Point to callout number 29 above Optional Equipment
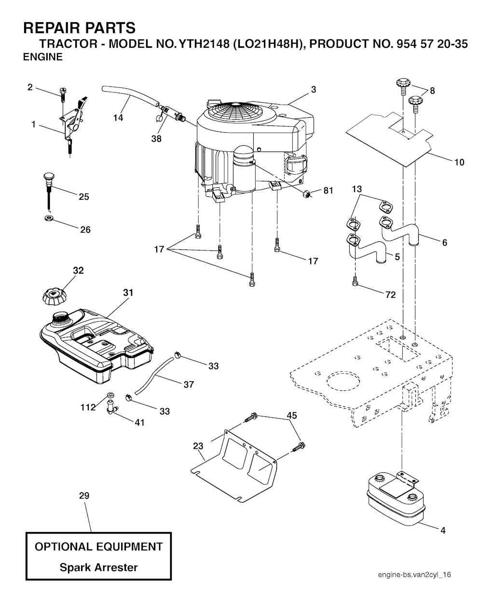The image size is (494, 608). tap(84, 496)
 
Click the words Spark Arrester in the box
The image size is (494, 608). tap(98, 567)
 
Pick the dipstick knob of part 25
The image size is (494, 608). tap(48, 177)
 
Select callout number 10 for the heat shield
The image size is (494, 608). tap(459, 163)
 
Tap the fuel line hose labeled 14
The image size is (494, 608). tap(128, 94)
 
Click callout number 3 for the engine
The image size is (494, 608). tap(314, 90)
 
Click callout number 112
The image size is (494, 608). tap(88, 408)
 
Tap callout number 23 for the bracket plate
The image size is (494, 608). tap(198, 446)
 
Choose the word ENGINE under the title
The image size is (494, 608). tap(43, 57)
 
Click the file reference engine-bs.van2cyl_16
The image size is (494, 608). tap(414, 575)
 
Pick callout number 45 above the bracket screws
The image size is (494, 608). tap(292, 415)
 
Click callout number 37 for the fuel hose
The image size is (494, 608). tap(189, 384)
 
